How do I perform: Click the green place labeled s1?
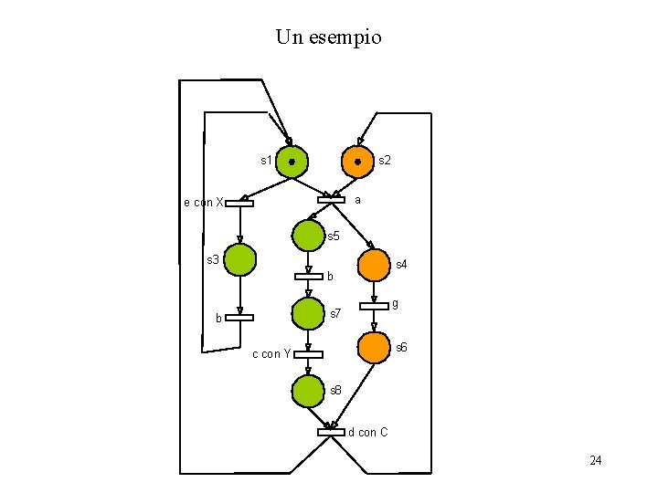click(292, 162)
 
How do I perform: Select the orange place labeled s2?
click(357, 162)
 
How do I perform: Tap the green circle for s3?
click(239, 259)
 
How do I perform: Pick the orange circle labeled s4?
click(373, 266)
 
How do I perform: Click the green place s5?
click(308, 236)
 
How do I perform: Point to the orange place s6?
click(373, 348)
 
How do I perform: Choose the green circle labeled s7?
click(308, 313)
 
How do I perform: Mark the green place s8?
click(308, 391)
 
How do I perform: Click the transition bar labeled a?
click(331, 200)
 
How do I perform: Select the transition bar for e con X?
click(239, 203)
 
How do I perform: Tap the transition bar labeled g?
click(374, 306)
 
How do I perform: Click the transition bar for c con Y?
click(308, 354)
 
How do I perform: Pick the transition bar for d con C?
click(331, 432)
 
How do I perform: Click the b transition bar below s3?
click(239, 318)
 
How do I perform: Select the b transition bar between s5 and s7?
click(308, 277)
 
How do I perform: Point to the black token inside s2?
click(357, 163)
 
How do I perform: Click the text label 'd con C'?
click(367, 432)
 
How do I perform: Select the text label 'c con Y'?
click(271, 354)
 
